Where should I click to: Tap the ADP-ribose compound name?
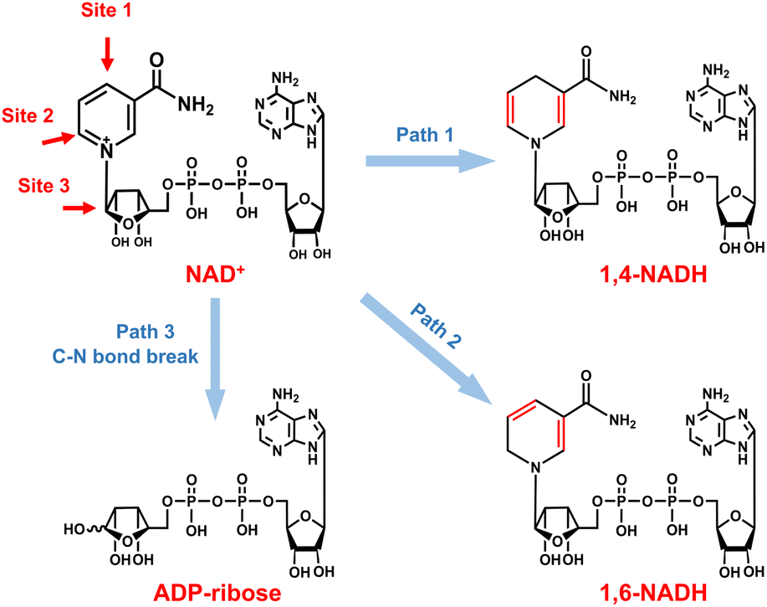coord(220,593)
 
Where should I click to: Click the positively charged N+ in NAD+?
coord(105,151)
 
